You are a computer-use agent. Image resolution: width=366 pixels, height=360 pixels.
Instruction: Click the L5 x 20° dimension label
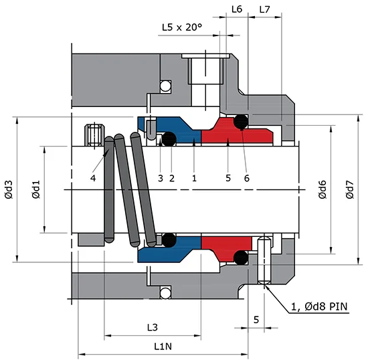(x=182, y=28)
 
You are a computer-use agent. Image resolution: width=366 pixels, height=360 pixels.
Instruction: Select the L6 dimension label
(x=236, y=9)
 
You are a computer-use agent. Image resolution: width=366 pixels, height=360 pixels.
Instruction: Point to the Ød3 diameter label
(x=9, y=190)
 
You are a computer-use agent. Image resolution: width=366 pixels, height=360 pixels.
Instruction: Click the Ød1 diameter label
(x=37, y=190)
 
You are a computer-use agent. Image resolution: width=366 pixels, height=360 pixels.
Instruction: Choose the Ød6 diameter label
(x=322, y=190)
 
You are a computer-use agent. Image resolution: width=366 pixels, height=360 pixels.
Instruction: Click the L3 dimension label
(x=152, y=327)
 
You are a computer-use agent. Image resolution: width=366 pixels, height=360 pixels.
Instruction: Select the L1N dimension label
(x=163, y=346)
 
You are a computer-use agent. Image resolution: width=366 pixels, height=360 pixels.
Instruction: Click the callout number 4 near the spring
(x=94, y=178)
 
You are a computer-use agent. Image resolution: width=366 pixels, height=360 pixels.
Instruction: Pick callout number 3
(x=160, y=178)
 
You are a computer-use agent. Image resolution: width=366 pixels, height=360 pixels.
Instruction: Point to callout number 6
(x=247, y=178)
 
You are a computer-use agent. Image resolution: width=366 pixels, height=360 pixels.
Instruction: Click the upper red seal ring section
(x=234, y=134)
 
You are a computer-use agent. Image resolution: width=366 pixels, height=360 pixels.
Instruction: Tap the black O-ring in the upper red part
(x=240, y=122)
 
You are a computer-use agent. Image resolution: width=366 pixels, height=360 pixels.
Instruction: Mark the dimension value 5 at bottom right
(x=256, y=321)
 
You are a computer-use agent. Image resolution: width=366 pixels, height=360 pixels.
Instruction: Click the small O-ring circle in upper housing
(x=165, y=85)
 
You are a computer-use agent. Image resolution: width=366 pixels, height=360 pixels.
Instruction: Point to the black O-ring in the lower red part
(x=240, y=258)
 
